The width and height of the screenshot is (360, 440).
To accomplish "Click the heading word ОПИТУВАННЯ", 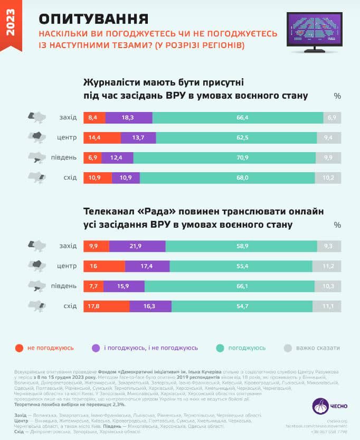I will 93,19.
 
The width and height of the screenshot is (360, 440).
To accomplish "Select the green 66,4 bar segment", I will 238,118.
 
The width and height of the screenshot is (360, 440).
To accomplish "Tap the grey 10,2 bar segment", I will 328,177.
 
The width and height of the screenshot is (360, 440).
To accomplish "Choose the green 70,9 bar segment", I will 224,157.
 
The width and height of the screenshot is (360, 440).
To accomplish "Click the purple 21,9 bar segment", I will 137,246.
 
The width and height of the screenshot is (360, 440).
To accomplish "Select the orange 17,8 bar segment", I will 106,306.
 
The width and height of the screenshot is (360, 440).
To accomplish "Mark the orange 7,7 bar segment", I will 93,286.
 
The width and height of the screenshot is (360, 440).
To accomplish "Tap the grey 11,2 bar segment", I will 327,266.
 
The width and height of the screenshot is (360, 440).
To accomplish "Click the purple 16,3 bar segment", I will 150,306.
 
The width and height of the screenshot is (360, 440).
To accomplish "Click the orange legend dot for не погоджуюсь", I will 20,348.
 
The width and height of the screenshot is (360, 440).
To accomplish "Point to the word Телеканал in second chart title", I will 109,212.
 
